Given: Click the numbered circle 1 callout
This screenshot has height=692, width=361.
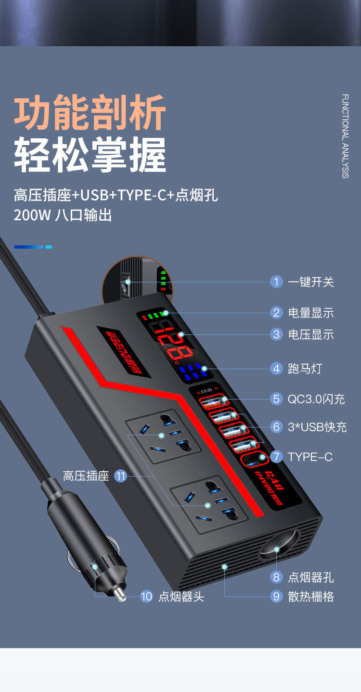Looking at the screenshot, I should (276, 282).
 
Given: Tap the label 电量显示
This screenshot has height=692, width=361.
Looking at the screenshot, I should (310, 313).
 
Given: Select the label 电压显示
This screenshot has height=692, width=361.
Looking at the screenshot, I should (310, 334).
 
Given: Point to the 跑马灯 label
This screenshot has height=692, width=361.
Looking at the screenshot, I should (305, 369).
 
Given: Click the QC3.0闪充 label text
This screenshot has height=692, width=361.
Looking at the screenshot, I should (316, 399).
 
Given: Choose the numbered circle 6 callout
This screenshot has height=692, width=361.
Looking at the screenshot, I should (276, 427).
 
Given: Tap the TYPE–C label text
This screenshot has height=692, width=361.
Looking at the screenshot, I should (310, 457).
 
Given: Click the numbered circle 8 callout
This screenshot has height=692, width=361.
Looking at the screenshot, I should (276, 577).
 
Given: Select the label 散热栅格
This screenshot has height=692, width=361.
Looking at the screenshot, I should (310, 597).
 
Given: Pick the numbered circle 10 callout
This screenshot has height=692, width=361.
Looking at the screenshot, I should (146, 597).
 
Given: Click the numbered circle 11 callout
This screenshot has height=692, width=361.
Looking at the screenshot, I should (120, 477).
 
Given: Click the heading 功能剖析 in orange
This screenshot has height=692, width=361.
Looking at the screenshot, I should (90, 114).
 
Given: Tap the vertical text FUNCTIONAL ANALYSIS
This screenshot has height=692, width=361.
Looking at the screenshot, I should (345, 136).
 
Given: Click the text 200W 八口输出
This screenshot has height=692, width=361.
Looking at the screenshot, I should (63, 215).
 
